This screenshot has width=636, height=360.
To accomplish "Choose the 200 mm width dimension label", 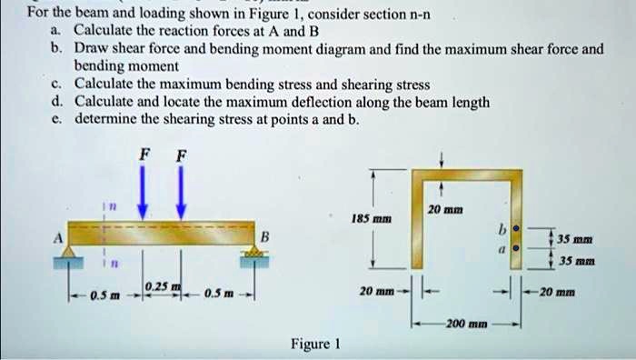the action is (x=463, y=324).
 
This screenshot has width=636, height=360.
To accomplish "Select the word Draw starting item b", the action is (x=93, y=49).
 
